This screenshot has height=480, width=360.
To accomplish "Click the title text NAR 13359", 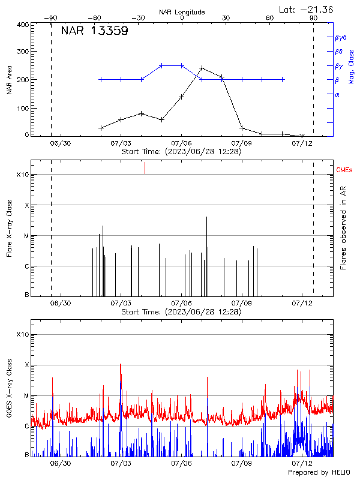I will tap(94, 32).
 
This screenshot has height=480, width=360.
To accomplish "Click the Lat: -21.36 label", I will tap(307, 9).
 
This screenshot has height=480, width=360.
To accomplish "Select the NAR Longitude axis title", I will tap(182, 12).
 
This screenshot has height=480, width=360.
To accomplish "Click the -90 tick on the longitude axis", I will tap(51, 19).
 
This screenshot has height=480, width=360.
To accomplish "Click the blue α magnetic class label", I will tap(337, 94).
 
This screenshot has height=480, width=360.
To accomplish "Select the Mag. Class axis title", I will tap(352, 65).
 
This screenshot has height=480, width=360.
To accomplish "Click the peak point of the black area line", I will tap(202, 68).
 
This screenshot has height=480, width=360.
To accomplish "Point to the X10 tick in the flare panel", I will tap(23, 175).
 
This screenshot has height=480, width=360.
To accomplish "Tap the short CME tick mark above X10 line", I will tap(145, 168).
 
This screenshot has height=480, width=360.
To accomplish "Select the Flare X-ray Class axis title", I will tap(10, 228).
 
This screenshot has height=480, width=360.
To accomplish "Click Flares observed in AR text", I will tap(343, 228).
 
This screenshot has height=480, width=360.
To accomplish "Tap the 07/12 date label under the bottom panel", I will tap(302, 463).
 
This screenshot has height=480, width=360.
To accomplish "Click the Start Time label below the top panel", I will tap(181, 152).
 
